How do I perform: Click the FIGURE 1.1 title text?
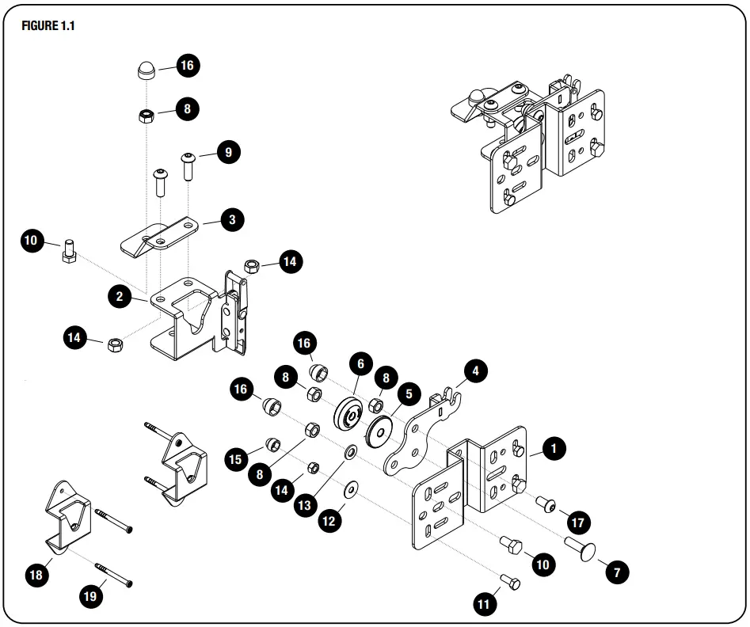point(50,25)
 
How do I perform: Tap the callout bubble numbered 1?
point(553,449)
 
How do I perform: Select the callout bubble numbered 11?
point(484,604)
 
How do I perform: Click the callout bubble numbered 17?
point(579,523)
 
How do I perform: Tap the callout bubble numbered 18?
point(36,575)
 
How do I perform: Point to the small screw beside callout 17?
point(546,503)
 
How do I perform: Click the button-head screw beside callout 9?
point(188,166)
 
